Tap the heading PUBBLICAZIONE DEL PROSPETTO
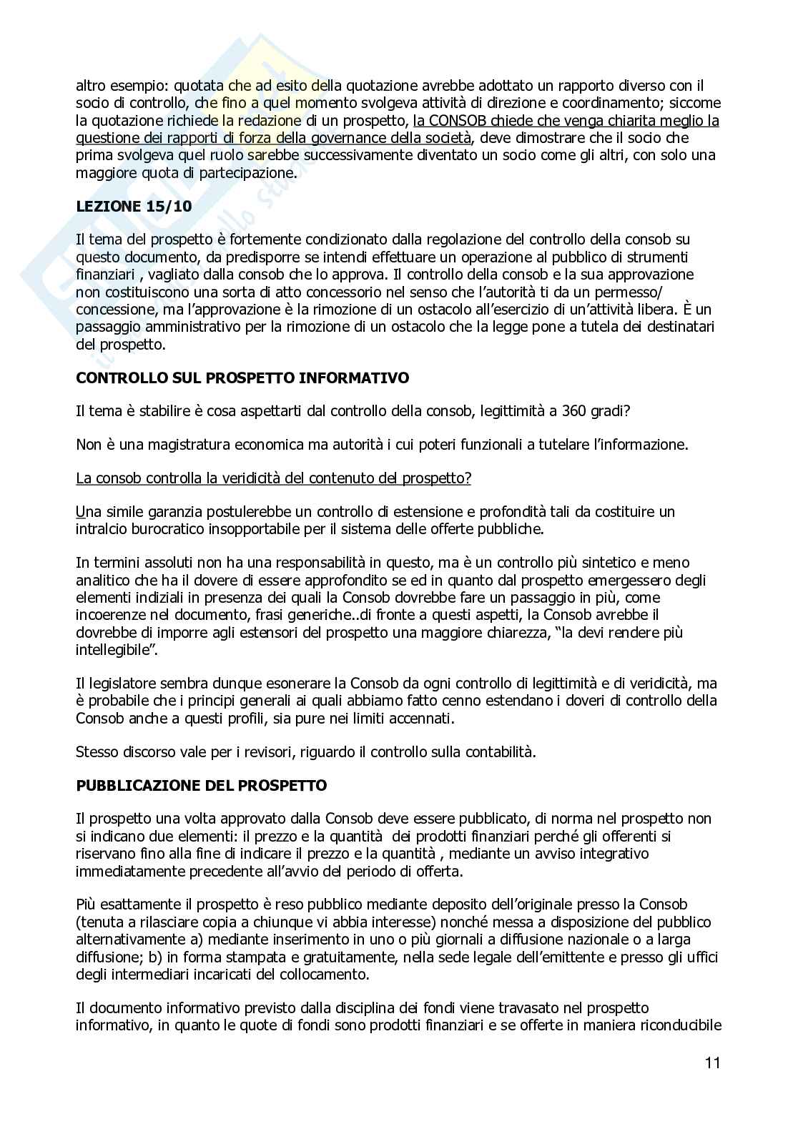coord(201,785)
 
